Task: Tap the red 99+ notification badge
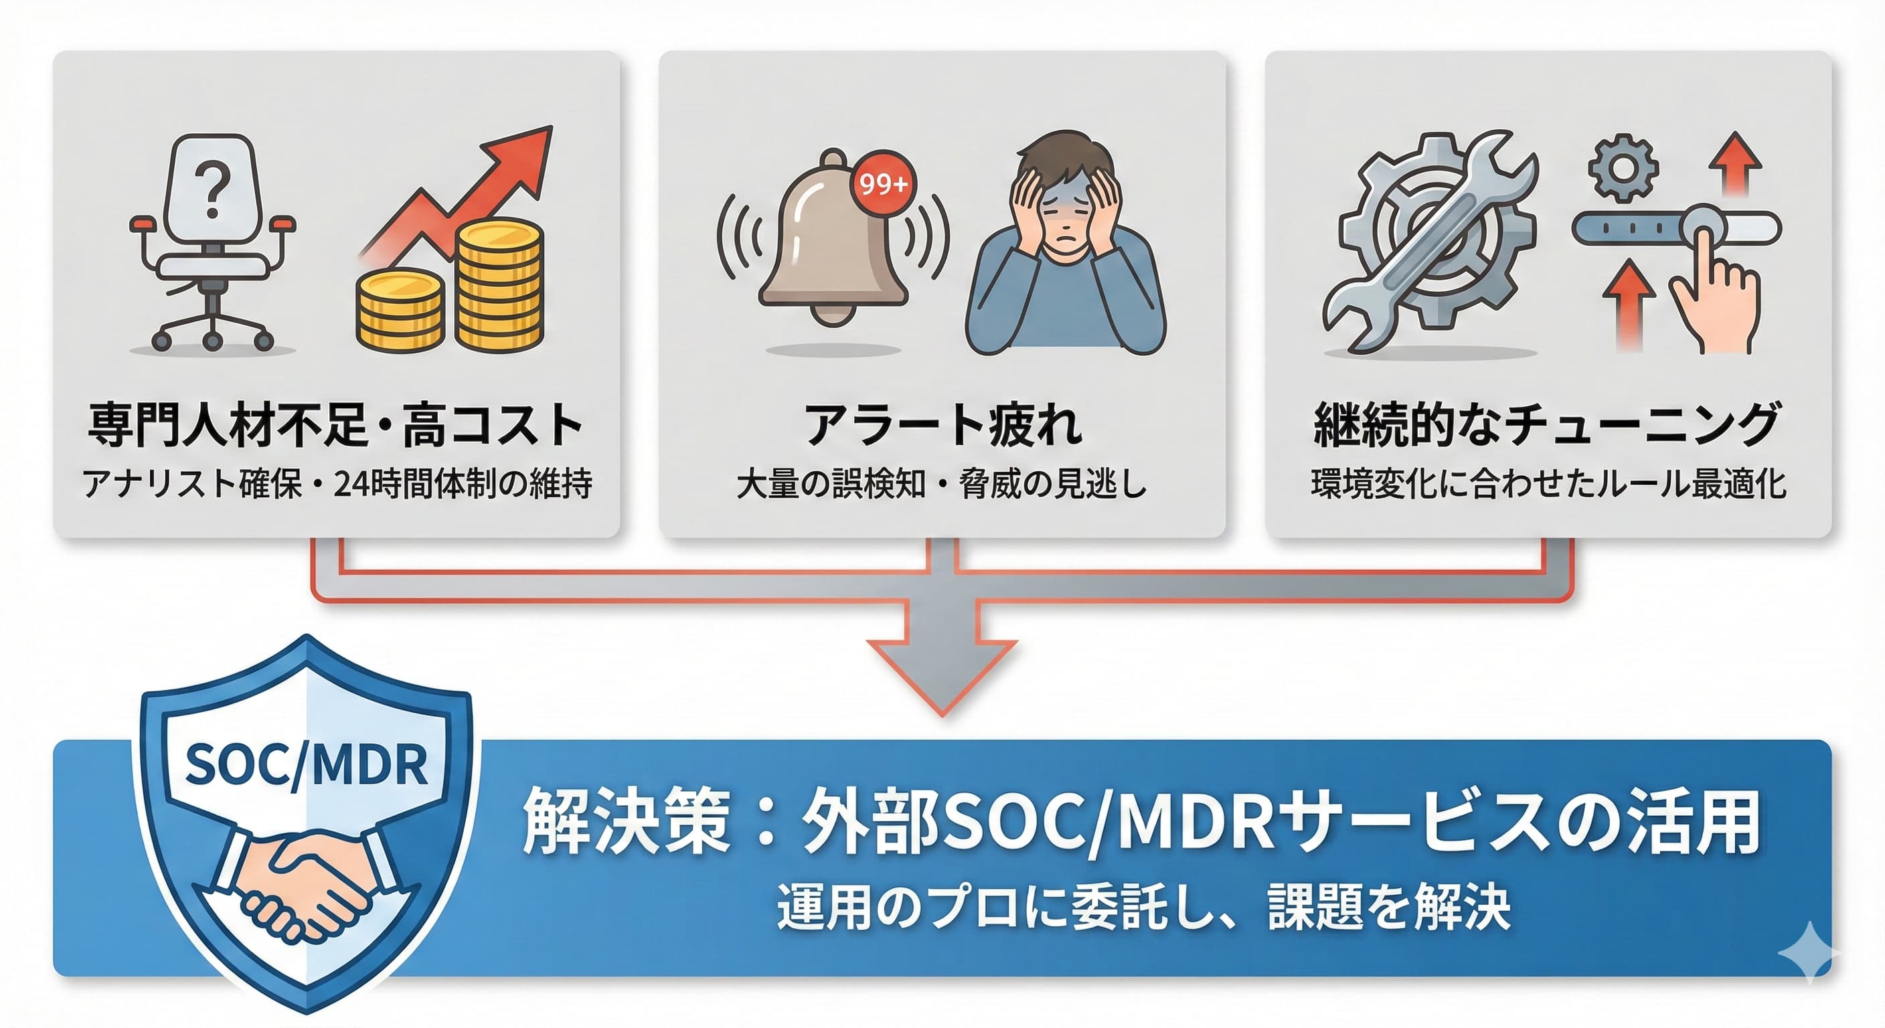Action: pyautogui.click(x=883, y=183)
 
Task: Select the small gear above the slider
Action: pyautogui.click(x=1623, y=167)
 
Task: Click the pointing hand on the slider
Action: pyautogui.click(x=1713, y=292)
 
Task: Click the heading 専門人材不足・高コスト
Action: pyautogui.click(x=336, y=425)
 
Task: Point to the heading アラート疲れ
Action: pyautogui.click(x=942, y=425)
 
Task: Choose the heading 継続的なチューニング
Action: pyautogui.click(x=1547, y=425)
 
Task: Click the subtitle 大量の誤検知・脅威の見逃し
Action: pyautogui.click(x=942, y=485)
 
